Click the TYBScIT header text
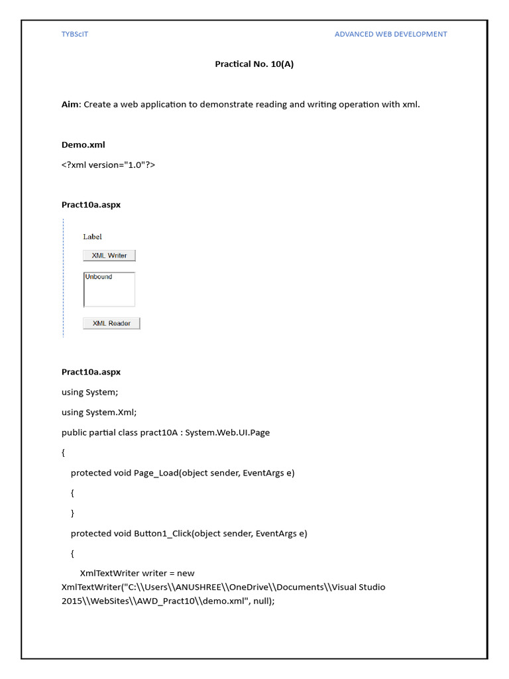(74, 34)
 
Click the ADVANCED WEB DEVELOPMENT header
(390, 34)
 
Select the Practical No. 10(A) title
(254, 64)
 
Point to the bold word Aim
(70, 104)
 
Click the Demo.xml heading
(83, 145)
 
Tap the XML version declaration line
(108, 164)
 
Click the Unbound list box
(109, 290)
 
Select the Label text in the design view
(92, 237)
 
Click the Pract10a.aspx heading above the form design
(91, 205)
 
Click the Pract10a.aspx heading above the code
(91, 372)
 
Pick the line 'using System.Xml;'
(99, 412)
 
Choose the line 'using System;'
(89, 392)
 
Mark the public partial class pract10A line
(166, 432)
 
